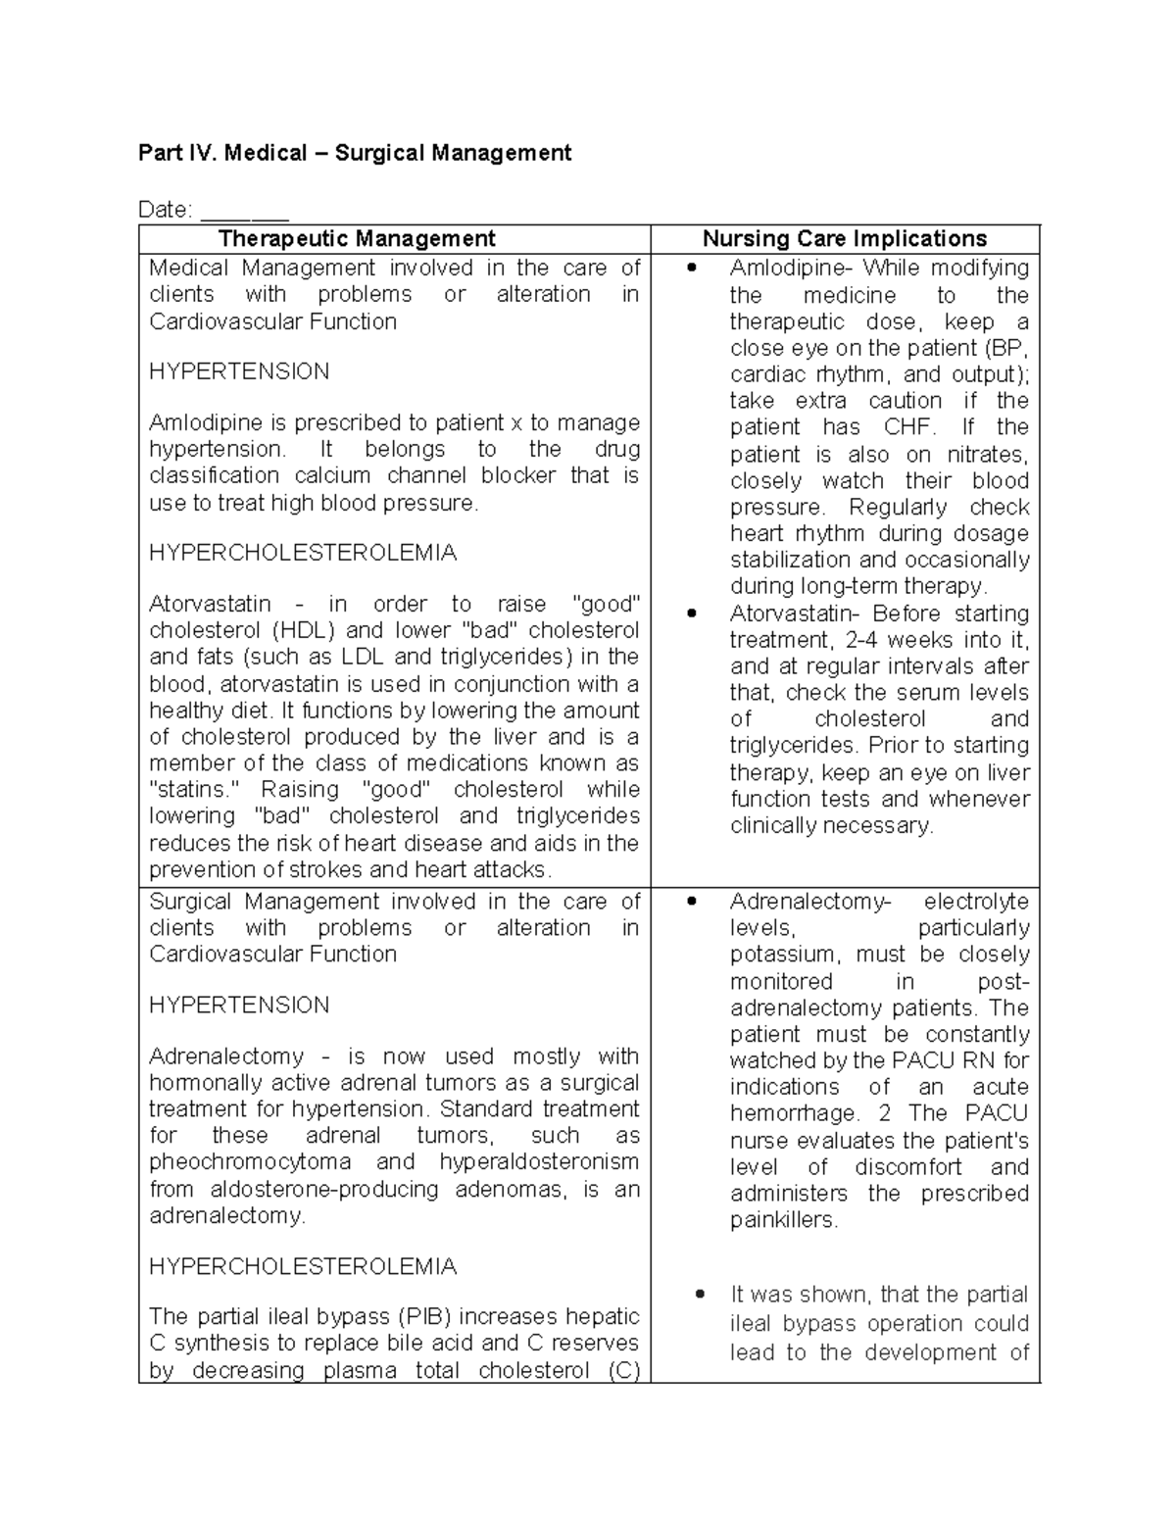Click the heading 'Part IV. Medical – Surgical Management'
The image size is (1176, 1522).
tap(355, 153)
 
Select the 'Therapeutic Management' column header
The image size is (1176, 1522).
tap(357, 238)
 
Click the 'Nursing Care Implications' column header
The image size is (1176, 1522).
tap(845, 238)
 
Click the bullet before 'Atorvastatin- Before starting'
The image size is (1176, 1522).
tap(693, 614)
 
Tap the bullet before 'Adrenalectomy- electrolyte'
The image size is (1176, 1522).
tap(693, 902)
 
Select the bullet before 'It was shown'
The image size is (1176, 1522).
tap(700, 1295)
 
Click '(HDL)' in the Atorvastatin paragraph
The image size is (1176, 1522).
tap(303, 630)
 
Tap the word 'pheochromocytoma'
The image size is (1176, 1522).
tap(250, 1162)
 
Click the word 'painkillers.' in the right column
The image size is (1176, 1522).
tap(784, 1220)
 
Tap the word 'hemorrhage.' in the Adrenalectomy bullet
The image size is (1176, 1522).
tap(795, 1114)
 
